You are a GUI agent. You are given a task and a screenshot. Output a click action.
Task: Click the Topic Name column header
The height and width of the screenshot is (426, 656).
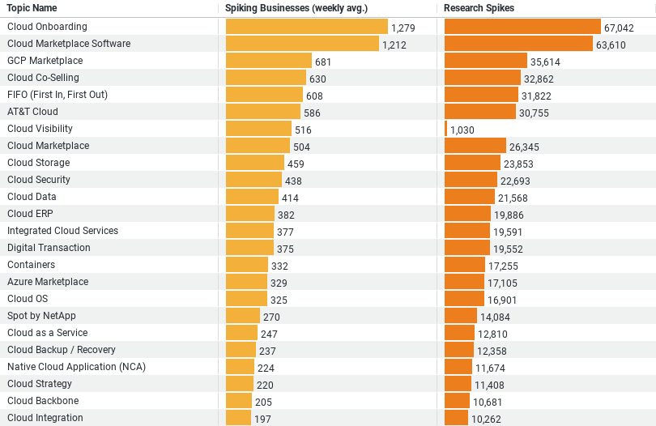(x=32, y=8)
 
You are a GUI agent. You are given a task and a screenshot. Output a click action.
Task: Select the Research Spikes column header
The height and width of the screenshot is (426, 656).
(x=479, y=8)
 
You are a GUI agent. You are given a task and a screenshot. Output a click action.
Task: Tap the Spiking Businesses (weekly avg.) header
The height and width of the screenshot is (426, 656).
(x=296, y=8)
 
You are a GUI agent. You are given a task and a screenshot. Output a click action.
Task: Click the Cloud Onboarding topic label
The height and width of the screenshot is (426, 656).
(x=47, y=27)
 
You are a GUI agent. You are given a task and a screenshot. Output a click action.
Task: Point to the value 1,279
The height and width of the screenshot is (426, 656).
(x=403, y=28)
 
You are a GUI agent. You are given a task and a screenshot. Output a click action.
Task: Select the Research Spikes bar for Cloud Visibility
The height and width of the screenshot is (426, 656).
(x=445, y=129)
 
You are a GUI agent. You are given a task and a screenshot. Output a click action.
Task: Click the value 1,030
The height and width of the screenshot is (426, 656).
(x=462, y=130)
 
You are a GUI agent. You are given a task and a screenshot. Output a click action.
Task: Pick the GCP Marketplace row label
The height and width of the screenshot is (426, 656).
(x=45, y=61)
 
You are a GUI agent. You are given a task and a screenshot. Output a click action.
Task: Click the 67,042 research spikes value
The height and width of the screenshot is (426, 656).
(x=619, y=28)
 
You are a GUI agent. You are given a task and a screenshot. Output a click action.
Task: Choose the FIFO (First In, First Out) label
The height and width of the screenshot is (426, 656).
(x=57, y=95)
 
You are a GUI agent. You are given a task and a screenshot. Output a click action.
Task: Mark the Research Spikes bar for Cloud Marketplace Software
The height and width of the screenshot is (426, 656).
(x=518, y=44)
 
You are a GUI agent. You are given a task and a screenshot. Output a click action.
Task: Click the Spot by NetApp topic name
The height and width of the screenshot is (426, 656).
(x=41, y=316)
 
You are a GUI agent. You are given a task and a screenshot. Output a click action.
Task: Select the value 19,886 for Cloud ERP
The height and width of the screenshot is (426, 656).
(x=509, y=215)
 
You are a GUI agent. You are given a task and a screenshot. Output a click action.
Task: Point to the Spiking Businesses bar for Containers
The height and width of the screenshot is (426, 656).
(x=246, y=265)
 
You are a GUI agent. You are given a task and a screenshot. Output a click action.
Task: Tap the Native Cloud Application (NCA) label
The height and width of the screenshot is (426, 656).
(x=65, y=367)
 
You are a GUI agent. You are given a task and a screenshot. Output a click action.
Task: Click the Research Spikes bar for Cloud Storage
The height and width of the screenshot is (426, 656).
(x=472, y=163)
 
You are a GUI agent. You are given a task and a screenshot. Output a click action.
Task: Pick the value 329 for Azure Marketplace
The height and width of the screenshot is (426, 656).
(x=279, y=283)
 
